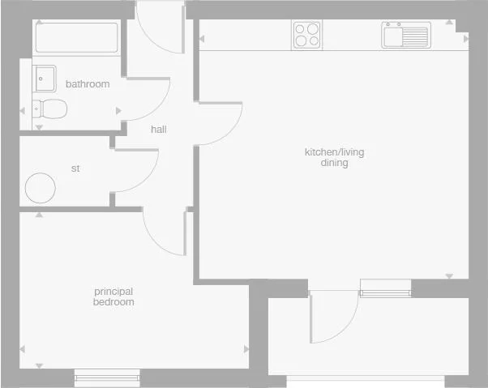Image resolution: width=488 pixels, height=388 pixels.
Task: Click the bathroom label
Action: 88,84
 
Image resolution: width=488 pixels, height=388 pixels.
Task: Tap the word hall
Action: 158,129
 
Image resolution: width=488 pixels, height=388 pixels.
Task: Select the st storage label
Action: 76,168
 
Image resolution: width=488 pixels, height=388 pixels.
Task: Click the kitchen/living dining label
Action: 326,157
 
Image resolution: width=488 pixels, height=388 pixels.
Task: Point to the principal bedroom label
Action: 113,296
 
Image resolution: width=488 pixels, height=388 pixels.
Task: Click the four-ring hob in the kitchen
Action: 306,35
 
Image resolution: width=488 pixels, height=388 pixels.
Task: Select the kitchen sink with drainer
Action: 405,36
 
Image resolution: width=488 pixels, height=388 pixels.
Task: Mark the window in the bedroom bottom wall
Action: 107,374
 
